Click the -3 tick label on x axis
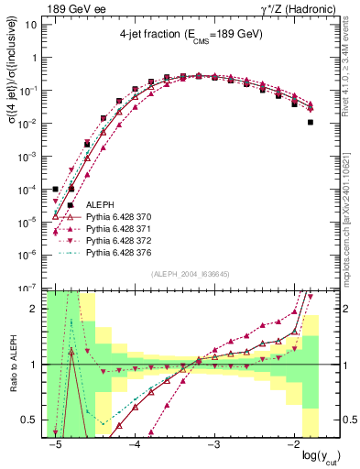click(213, 445)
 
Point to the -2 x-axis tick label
click(291, 445)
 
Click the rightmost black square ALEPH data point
click(311, 122)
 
